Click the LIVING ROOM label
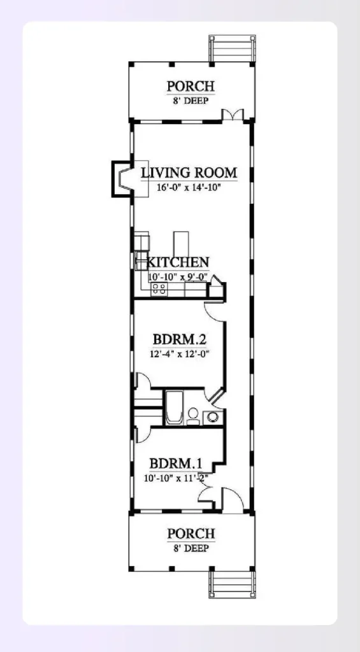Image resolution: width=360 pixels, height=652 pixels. click(189, 173)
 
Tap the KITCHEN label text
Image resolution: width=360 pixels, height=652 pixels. click(178, 262)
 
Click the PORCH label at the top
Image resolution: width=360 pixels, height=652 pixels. click(191, 86)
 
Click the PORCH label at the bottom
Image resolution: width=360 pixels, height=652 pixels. click(191, 534)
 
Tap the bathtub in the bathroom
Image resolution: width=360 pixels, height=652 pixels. click(174, 407)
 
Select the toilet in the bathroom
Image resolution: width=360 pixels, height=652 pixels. click(193, 416)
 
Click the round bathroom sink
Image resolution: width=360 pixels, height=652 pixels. click(213, 418)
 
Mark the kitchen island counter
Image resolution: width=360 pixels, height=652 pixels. click(182, 242)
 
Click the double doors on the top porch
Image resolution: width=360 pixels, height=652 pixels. click(233, 115)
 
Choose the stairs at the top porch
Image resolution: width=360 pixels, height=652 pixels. click(232, 48)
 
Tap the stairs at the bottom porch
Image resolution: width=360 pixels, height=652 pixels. click(232, 585)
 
